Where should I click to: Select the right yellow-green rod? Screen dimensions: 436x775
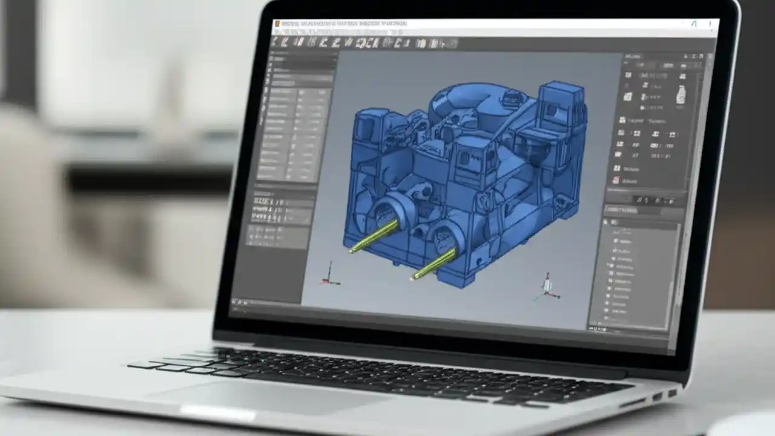tap(435, 263)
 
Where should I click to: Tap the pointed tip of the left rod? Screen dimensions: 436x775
tap(352, 251)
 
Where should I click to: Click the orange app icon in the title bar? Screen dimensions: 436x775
tap(277, 24)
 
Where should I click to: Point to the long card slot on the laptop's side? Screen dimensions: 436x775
tap(633, 402)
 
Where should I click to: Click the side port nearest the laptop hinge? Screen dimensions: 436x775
tap(671, 392)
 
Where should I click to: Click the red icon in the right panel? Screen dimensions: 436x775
tap(616, 180)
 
